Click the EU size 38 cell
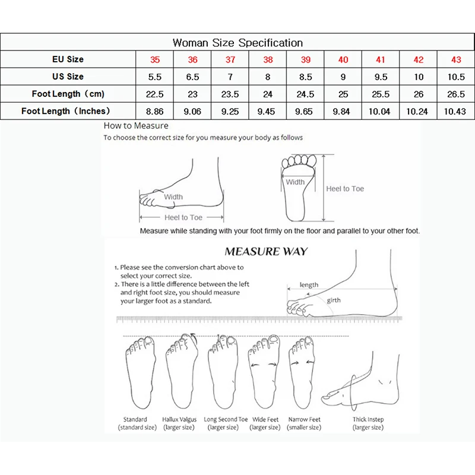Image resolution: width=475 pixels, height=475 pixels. [268, 59]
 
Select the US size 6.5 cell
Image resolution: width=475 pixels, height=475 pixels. [193, 77]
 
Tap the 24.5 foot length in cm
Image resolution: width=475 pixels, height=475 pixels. [305, 94]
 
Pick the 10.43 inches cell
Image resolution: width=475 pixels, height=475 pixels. [456, 111]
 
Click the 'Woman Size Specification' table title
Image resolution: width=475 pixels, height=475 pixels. [237, 43]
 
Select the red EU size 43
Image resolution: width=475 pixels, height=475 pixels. [456, 59]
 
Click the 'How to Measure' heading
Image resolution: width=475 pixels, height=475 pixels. [136, 126]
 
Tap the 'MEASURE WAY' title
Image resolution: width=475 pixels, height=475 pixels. [266, 251]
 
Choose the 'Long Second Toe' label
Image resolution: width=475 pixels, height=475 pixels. [225, 419]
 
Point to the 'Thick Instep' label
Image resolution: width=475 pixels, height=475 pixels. [368, 419]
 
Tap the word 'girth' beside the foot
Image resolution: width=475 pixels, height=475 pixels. [334, 300]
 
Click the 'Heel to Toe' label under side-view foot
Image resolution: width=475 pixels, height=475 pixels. [183, 217]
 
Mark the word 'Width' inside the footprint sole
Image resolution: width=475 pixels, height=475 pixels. [295, 182]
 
